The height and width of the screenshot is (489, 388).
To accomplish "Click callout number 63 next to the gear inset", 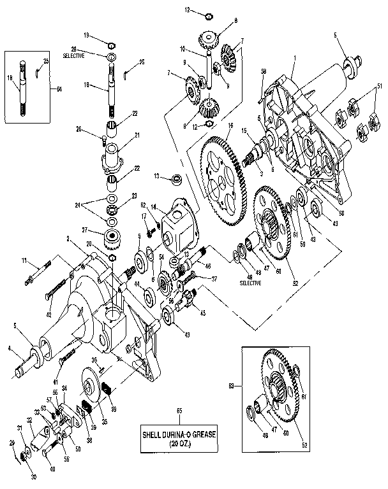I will tap(231, 385).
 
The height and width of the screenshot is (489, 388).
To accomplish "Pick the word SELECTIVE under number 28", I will tap(73, 56).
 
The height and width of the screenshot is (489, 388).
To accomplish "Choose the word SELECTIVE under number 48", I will tap(250, 283).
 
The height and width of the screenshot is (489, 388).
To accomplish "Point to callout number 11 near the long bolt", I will tap(24, 260).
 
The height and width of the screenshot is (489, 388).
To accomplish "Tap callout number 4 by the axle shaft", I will tap(9, 347).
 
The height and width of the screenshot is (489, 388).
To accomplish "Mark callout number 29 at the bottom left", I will tap(11, 442).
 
